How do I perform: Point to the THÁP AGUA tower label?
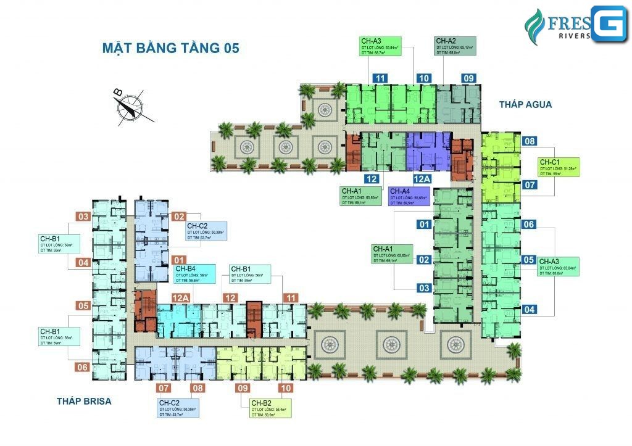point(526,105)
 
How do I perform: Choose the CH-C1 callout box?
point(559,168)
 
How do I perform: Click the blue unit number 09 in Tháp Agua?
point(469,78)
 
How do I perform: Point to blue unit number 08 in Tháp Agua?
point(529,141)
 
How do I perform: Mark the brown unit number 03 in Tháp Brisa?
point(83,216)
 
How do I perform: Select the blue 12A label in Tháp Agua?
point(422,178)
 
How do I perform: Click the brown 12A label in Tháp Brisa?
point(164,298)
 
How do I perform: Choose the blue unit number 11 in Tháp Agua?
point(380,78)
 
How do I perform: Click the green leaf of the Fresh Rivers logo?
point(532,25)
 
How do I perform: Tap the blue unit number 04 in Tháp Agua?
point(529,309)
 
